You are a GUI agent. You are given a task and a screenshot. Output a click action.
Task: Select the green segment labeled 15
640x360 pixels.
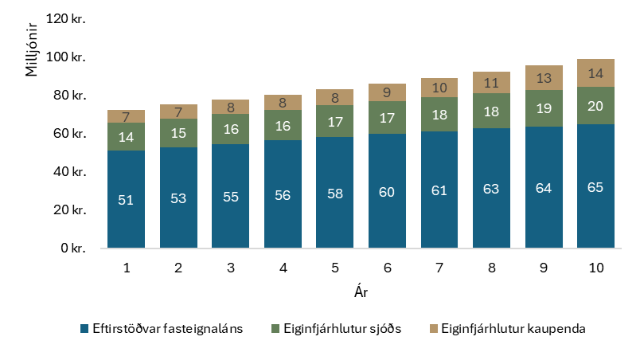pyautogui.click(x=178, y=133)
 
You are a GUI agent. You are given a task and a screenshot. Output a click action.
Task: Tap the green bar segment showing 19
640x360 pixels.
pyautogui.click(x=544, y=108)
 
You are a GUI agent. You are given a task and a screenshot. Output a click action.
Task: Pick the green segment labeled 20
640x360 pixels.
pyautogui.click(x=595, y=105)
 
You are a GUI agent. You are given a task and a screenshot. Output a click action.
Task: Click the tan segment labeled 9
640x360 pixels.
pyautogui.click(x=387, y=92)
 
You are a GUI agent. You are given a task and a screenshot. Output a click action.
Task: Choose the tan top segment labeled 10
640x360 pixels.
pyautogui.click(x=439, y=88)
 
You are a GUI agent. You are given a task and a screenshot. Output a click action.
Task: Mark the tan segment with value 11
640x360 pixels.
pyautogui.click(x=491, y=83)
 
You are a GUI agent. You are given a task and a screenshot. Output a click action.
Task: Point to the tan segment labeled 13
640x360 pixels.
pyautogui.click(x=544, y=78)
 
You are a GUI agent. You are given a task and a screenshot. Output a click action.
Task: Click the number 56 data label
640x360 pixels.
pyautogui.click(x=283, y=195)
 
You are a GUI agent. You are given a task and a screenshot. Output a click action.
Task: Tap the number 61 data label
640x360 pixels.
pyautogui.click(x=439, y=190)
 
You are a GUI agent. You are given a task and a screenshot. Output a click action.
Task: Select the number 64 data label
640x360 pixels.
pyautogui.click(x=544, y=188)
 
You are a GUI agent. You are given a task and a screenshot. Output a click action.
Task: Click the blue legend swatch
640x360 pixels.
pyautogui.click(x=84, y=328)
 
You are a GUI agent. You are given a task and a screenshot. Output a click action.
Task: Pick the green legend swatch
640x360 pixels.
pyautogui.click(x=275, y=328)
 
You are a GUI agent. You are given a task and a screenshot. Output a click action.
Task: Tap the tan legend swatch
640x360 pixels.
pyautogui.click(x=434, y=328)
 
